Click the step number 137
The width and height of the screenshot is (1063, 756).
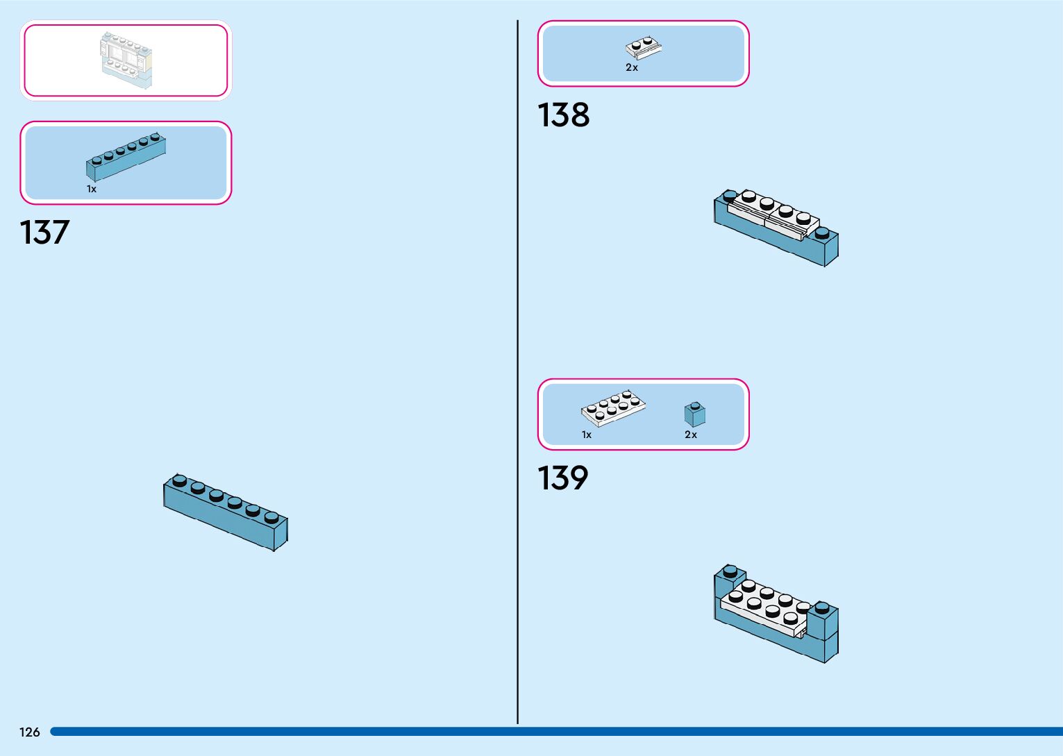point(44,233)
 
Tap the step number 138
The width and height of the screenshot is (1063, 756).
point(563,115)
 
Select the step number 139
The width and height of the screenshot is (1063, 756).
point(562,478)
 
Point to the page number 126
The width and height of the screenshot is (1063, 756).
point(30,732)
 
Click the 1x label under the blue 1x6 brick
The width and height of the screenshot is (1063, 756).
point(92,189)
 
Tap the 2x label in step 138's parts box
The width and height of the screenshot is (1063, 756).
point(632,68)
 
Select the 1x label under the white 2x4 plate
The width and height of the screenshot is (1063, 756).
point(587,435)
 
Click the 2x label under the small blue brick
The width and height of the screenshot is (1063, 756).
point(691,435)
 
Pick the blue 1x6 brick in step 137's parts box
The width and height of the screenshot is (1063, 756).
point(126,156)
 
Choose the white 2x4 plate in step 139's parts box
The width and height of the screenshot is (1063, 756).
point(613,408)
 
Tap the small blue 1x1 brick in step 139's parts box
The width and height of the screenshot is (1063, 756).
point(694,414)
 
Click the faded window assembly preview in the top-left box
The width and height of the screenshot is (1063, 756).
point(126,60)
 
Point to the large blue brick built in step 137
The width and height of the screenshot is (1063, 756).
point(226,512)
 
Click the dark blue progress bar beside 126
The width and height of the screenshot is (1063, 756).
point(555,732)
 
